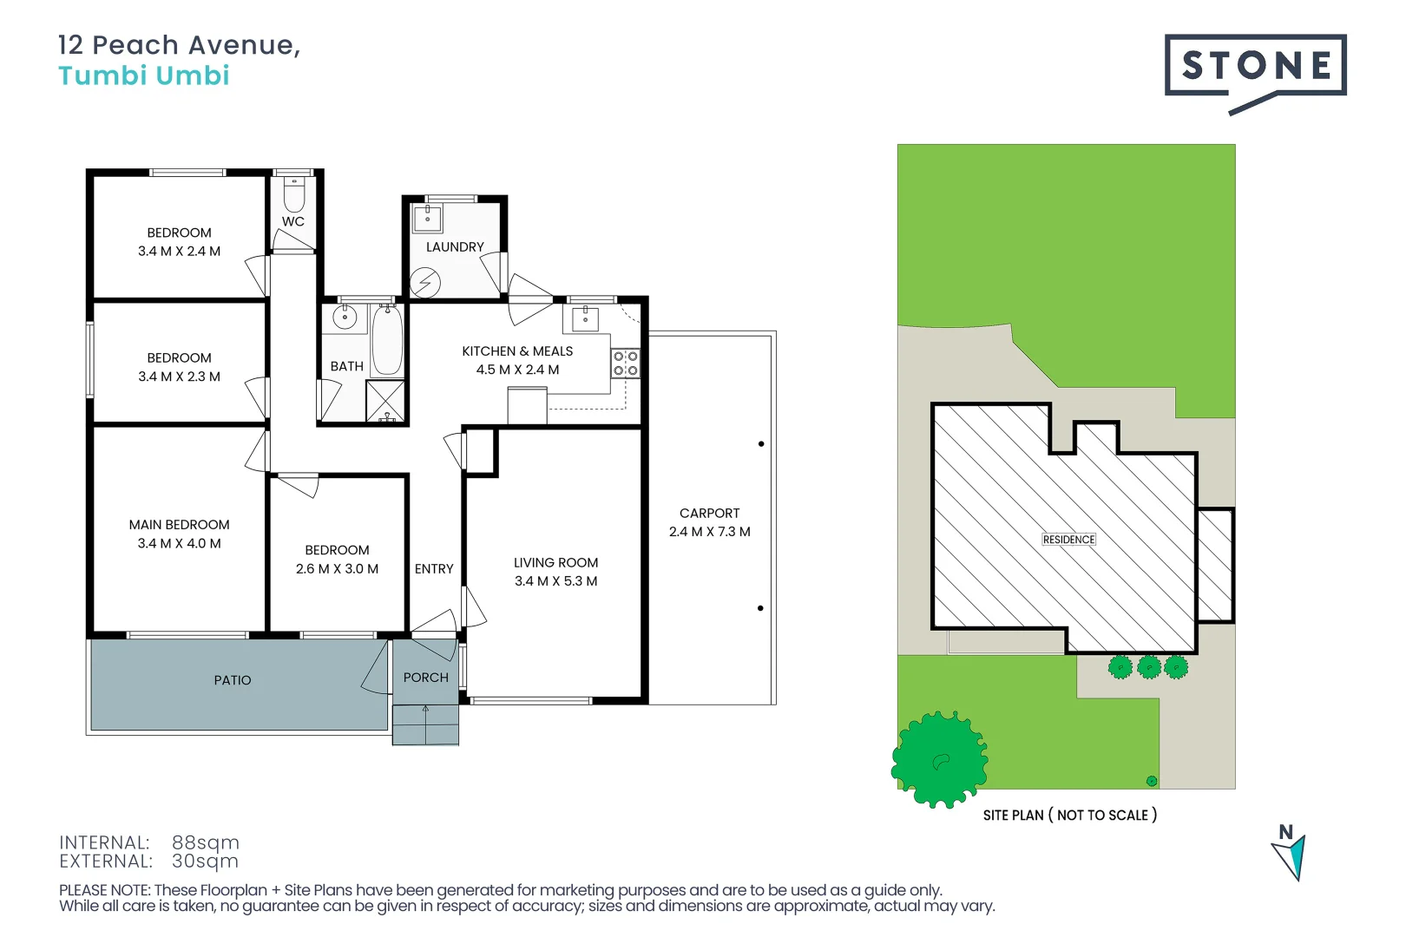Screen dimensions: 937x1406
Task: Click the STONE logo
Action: point(1255,66)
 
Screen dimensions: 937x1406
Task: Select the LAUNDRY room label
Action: point(455,247)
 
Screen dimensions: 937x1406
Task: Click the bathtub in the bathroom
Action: point(387,340)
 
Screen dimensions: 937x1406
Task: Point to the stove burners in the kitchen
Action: point(625,364)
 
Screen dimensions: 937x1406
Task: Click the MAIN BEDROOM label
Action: point(180,525)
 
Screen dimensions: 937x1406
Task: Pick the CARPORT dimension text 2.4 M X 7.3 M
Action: point(709,532)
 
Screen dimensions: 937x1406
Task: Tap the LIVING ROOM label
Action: point(555,563)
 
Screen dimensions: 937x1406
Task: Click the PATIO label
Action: point(233,680)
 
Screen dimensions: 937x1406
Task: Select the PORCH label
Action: point(425,678)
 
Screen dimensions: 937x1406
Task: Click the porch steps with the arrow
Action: point(425,725)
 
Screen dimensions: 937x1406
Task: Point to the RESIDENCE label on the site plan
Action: point(1068,540)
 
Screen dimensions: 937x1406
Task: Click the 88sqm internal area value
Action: point(206,842)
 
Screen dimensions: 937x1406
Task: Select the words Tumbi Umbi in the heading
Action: point(144,75)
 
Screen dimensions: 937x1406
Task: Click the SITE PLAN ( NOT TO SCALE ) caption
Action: point(1069,816)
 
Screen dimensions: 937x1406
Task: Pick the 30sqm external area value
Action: point(205,862)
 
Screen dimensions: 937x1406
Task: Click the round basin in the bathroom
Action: point(345,318)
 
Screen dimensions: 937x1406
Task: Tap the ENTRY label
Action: point(434,569)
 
